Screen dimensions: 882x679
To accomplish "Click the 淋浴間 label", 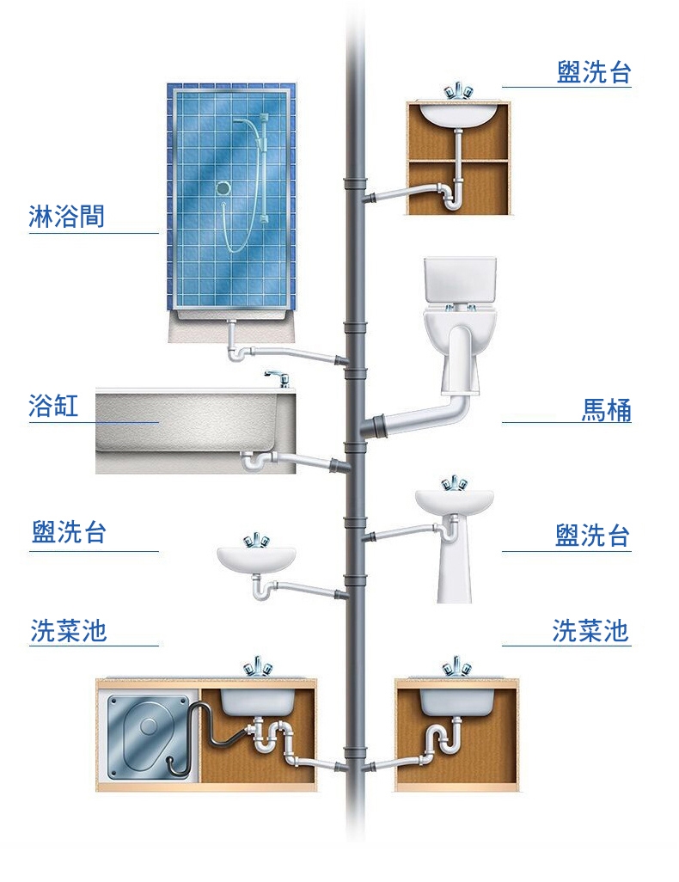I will pyautogui.click(x=66, y=217).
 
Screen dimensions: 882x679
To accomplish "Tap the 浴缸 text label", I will pyautogui.click(x=53, y=406).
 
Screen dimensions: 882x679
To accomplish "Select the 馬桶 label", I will pyautogui.click(x=606, y=411).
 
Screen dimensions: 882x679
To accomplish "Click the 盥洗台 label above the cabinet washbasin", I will pyautogui.click(x=593, y=73).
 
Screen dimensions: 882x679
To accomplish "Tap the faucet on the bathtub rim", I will pyautogui.click(x=275, y=379).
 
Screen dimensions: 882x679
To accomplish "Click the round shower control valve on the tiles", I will pyautogui.click(x=223, y=187).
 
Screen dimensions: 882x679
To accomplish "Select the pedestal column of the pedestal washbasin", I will pyautogui.click(x=452, y=563).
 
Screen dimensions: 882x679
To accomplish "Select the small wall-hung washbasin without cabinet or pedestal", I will pyautogui.click(x=256, y=558).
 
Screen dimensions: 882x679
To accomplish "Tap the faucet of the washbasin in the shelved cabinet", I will pyautogui.click(x=456, y=91).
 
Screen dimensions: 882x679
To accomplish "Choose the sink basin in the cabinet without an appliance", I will pyautogui.click(x=456, y=701).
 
